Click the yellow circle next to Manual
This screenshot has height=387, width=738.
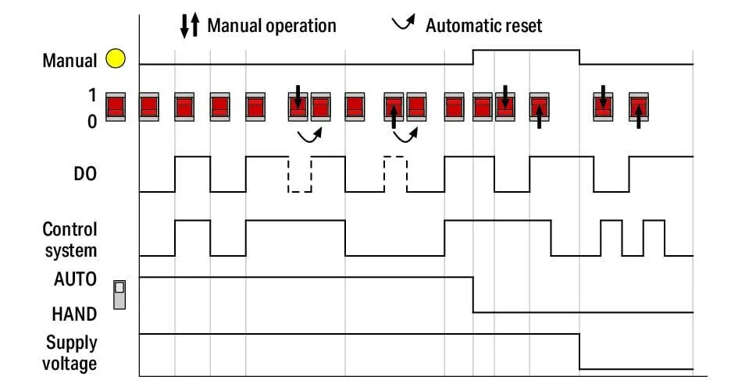(x=116, y=59)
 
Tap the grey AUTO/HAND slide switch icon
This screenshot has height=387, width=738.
(x=119, y=295)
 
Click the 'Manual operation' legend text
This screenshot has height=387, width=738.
(x=272, y=26)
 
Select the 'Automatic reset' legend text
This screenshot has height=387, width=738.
(x=484, y=26)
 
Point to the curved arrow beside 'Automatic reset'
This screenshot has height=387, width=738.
(x=404, y=23)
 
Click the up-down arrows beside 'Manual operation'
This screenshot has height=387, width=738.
(x=190, y=26)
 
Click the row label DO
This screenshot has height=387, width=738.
(x=85, y=174)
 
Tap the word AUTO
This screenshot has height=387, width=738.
(x=75, y=279)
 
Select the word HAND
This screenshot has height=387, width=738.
(x=74, y=314)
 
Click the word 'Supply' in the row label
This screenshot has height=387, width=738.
(x=72, y=343)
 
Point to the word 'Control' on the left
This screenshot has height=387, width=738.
(x=70, y=229)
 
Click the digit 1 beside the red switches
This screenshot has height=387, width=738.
(x=92, y=95)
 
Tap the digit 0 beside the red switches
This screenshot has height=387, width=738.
(x=92, y=122)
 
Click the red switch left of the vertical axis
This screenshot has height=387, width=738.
(x=116, y=107)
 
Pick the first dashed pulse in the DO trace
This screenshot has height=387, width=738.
(x=300, y=174)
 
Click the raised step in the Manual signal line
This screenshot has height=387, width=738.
(x=526, y=50)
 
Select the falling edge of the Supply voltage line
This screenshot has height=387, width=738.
(x=579, y=352)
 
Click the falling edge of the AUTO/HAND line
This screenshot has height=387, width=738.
(x=473, y=295)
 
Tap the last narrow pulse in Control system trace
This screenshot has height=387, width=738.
(x=654, y=238)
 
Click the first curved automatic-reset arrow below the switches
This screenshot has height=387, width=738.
(x=309, y=137)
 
